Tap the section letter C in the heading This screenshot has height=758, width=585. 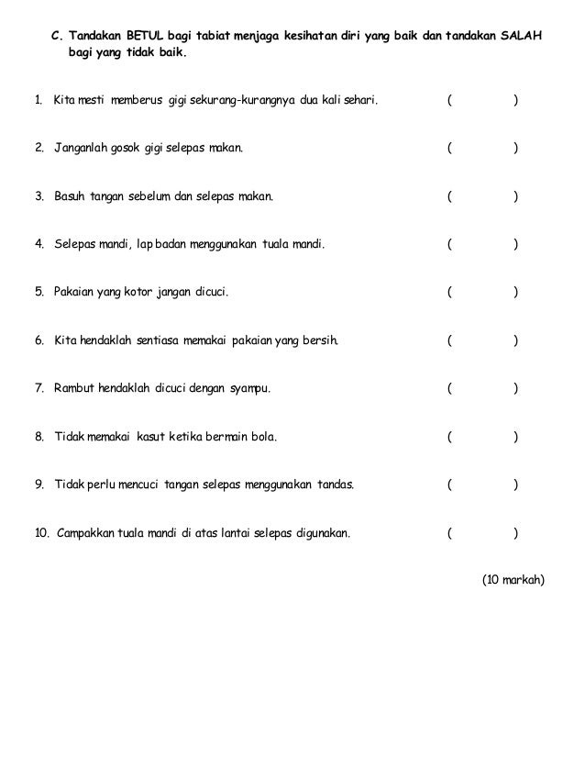click(x=56, y=37)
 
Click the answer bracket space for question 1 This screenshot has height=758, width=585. click(x=482, y=98)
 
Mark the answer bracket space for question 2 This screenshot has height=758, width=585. click(x=482, y=147)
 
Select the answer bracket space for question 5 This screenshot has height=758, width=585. click(x=482, y=293)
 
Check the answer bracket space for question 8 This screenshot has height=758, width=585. click(x=482, y=438)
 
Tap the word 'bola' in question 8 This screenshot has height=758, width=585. click(x=260, y=438)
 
